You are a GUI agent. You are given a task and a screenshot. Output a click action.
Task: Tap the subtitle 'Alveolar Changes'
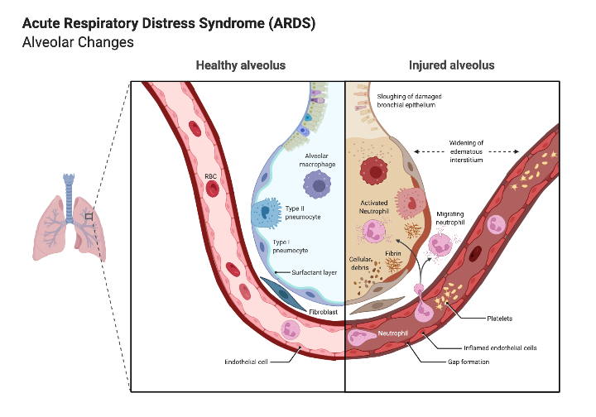[78, 42]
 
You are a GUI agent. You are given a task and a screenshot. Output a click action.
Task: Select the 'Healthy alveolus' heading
[240, 65]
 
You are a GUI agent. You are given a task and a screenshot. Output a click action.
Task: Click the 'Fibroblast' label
[324, 312]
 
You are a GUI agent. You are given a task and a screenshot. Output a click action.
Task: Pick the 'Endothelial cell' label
[246, 362]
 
